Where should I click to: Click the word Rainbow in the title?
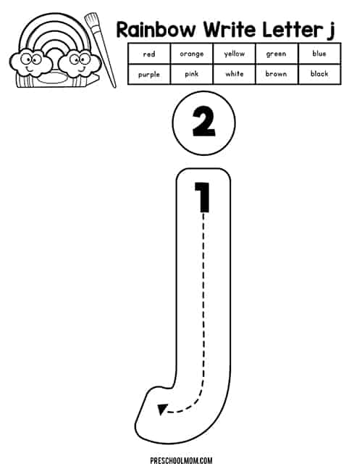coord(156,30)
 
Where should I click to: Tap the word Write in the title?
coord(230,30)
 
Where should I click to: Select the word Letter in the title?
coord(292,30)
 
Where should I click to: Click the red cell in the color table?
coord(149,54)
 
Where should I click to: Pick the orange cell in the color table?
coord(191,54)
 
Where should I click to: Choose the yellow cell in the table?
coord(234,54)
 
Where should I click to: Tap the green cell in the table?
coord(277,54)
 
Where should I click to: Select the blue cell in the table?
coord(319,54)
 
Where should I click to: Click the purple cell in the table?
coord(149,74)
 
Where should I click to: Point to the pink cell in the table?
coord(191,74)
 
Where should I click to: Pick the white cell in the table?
coord(234,74)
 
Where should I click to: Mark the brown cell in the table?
coord(277,74)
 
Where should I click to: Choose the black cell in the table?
coord(319,74)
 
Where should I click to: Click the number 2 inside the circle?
coord(203,123)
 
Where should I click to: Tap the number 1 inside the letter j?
coord(203,197)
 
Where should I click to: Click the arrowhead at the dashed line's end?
coord(161,409)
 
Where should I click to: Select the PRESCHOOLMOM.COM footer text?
coord(181,460)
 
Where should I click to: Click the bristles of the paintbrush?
coord(91,20)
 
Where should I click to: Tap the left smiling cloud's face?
coord(30,63)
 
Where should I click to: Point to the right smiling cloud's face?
coord(79,63)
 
